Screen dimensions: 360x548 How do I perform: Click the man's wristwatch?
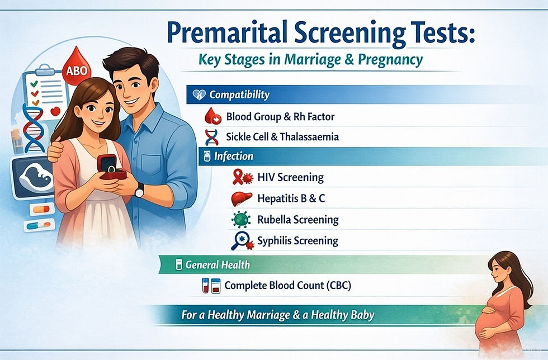(139, 191)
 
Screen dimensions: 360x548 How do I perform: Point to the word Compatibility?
(239, 94)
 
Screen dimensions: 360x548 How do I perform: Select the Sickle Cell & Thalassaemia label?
(282, 136)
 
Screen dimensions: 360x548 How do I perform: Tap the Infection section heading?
(233, 156)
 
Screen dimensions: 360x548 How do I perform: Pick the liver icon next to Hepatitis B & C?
(241, 198)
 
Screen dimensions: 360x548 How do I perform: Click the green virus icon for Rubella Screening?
(241, 220)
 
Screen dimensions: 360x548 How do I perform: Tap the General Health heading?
(217, 264)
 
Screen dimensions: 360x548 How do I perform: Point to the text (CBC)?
(336, 286)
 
